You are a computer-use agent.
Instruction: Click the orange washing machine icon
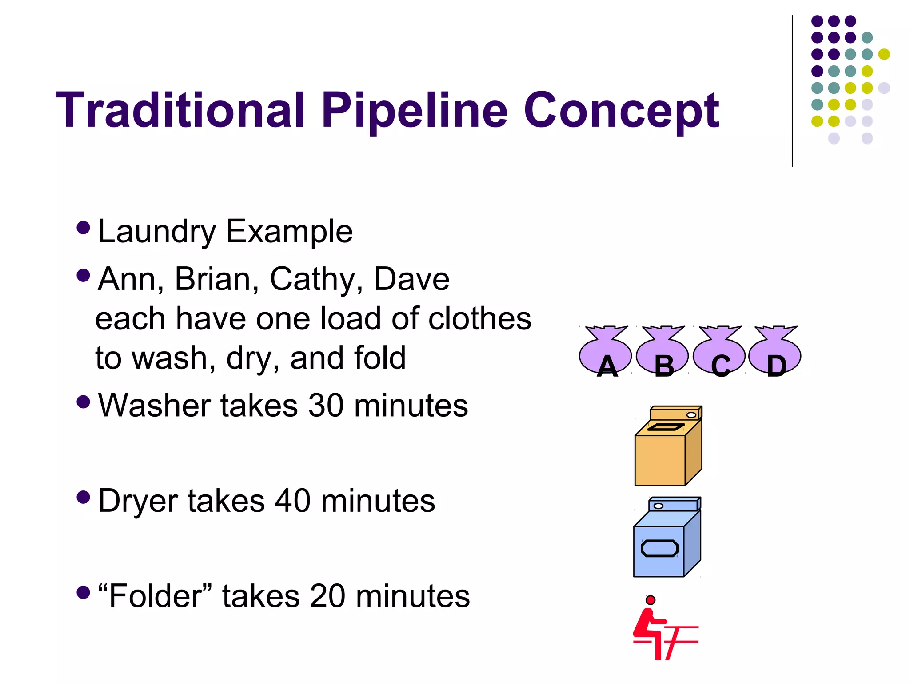(x=668, y=446)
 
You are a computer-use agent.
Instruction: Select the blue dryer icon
(x=667, y=538)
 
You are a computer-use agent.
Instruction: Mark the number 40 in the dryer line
(x=292, y=501)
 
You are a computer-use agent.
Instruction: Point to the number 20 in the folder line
(x=327, y=596)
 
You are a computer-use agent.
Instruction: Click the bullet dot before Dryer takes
(x=83, y=497)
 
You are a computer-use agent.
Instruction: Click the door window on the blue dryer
(x=659, y=548)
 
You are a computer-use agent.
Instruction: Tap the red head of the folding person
(x=651, y=600)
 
